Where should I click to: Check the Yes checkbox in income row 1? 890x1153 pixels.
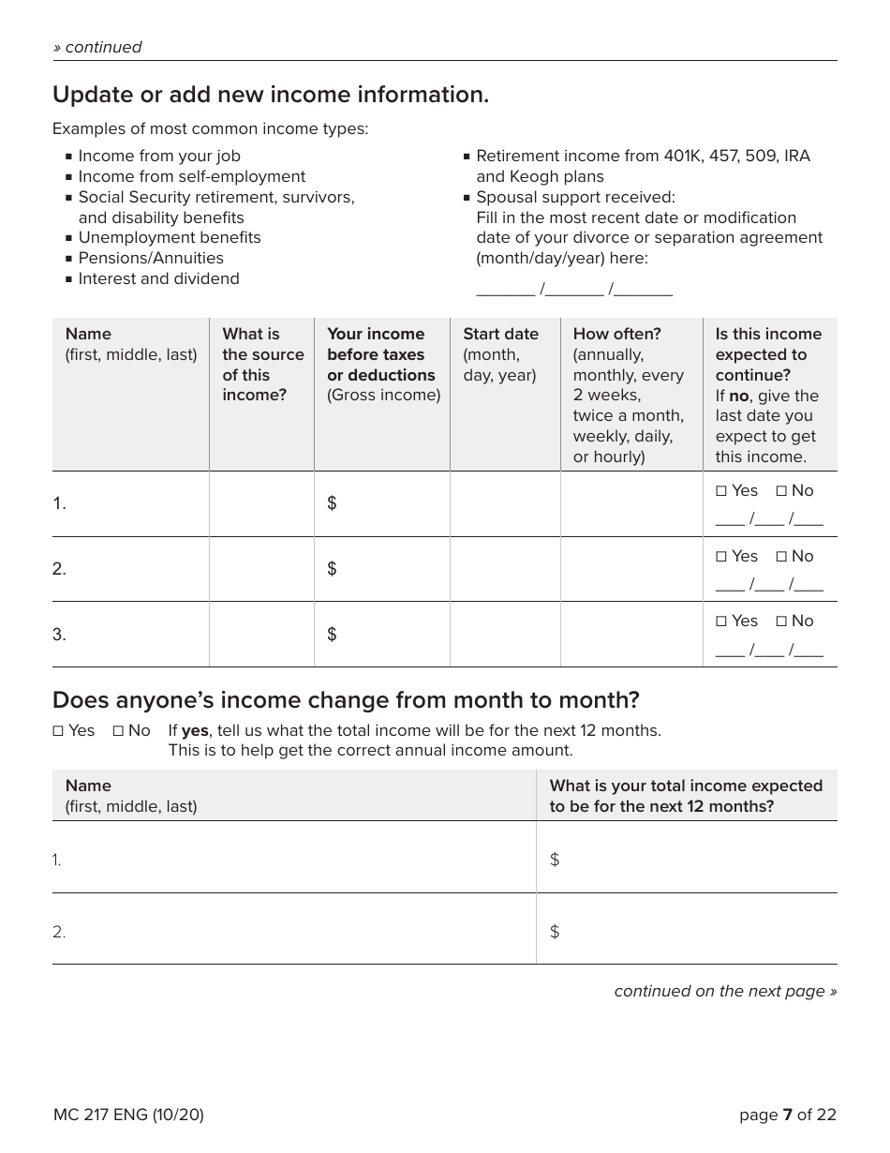721,490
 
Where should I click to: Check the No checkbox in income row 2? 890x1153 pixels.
781,556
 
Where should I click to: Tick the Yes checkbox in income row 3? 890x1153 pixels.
721,621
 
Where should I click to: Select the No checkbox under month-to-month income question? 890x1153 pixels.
119,730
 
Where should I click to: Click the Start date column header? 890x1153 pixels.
500,354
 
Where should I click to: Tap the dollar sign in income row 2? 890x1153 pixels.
332,569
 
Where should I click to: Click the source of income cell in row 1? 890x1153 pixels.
261,503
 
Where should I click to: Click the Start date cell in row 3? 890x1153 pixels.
505,635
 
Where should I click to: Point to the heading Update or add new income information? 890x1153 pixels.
271,95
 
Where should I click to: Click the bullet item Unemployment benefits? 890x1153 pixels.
170,237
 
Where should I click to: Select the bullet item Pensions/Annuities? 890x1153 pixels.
151,258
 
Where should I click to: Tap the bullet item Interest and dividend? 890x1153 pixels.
158,278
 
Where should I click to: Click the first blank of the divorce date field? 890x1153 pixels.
505,290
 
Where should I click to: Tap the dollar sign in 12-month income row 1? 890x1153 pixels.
555,860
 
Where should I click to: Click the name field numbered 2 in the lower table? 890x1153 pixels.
293,932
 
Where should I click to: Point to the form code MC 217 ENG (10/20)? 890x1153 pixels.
128,1115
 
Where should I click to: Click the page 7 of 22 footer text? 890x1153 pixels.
787,1115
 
